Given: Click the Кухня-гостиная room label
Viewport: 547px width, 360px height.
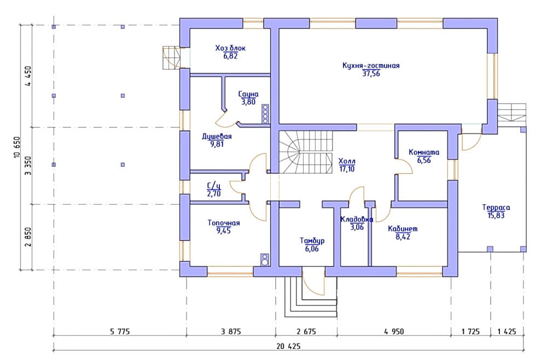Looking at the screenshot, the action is [371, 66].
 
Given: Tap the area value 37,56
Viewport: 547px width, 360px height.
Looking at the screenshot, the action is [371, 74].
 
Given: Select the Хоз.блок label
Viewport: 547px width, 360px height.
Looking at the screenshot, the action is [230, 48].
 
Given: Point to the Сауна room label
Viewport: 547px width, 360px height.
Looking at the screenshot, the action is [248, 94].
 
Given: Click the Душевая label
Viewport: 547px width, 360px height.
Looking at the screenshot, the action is [217, 136].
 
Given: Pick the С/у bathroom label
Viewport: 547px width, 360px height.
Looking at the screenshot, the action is [214, 186].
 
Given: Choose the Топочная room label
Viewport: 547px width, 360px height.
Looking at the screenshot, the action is [224, 223].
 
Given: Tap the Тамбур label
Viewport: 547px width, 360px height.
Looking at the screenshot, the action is [312, 241].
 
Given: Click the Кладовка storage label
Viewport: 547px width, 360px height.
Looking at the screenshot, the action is [357, 219].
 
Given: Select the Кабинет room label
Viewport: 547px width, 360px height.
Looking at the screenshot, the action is [403, 229].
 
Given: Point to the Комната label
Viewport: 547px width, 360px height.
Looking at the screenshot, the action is [424, 153].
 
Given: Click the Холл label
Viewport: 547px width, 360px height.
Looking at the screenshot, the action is [347, 161].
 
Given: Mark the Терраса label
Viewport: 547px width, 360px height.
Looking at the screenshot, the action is [496, 207].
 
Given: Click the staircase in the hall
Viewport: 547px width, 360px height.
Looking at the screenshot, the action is [307, 152].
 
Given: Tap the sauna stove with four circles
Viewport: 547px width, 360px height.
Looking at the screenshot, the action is [265, 114].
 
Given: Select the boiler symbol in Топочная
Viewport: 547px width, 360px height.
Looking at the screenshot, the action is [264, 259].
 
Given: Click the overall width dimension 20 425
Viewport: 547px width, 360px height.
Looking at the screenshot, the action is [288, 346].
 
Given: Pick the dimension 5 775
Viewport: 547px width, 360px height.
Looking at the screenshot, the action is [120, 332].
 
